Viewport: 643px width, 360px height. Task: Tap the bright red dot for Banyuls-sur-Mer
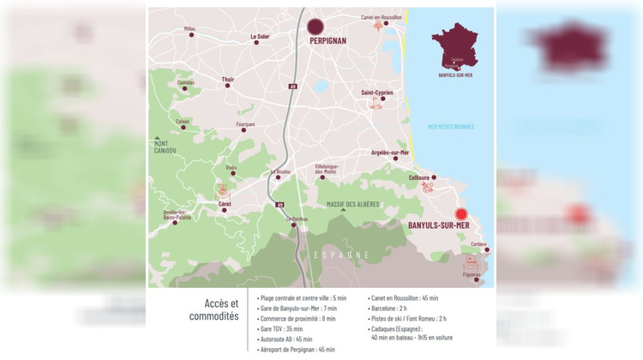460,214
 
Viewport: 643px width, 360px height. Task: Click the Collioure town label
419,177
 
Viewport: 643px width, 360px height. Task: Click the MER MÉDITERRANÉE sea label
450,126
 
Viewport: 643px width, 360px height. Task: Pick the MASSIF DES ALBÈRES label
355,205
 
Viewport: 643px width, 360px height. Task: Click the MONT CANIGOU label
165,147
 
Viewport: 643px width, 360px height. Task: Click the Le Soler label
260,36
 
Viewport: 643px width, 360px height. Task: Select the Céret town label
225,204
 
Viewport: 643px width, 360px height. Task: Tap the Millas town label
189,28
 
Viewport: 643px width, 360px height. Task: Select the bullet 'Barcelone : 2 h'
395,309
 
